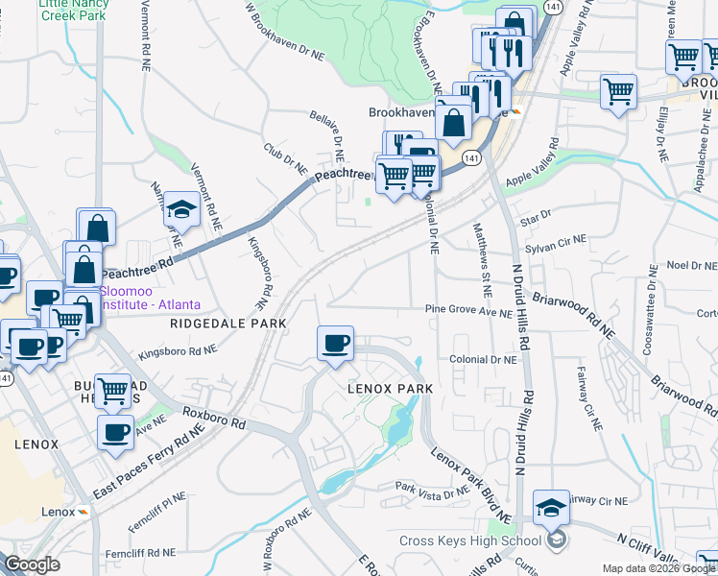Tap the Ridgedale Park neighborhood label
(228, 324)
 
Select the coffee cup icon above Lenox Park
(335, 344)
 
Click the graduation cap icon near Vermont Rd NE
(181, 208)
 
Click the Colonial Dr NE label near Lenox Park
(484, 359)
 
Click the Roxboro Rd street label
(214, 419)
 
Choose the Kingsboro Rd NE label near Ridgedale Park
(177, 352)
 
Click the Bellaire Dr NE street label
(325, 133)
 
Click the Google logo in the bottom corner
(32, 564)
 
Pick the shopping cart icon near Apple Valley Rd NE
(618, 92)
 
